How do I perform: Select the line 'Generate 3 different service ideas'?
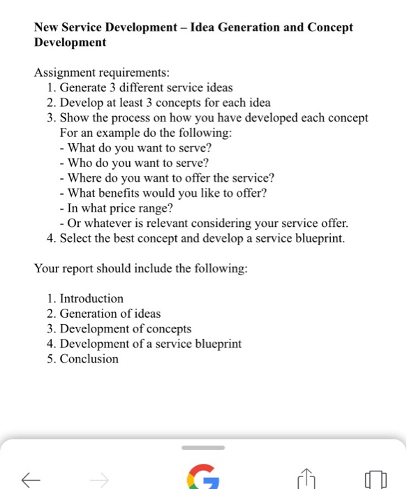(146, 87)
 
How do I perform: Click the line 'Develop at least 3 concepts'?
(165, 103)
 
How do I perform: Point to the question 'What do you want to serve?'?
(140, 148)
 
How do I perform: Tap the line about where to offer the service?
(170, 178)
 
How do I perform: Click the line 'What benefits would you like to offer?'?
(167, 193)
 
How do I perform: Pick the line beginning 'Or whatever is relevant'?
(204, 224)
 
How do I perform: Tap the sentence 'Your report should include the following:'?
(140, 268)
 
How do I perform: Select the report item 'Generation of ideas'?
(110, 314)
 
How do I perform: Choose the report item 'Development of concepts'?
(125, 328)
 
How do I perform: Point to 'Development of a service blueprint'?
(150, 344)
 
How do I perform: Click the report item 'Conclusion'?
(89, 359)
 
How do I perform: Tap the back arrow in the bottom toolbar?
(31, 479)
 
